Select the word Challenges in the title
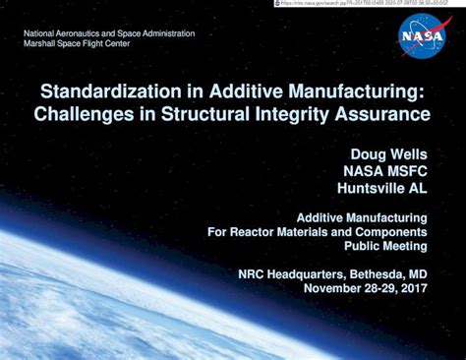tap(82, 113)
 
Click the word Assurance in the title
tap(384, 113)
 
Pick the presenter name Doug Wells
tap(388, 153)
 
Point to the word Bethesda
tap(376, 272)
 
